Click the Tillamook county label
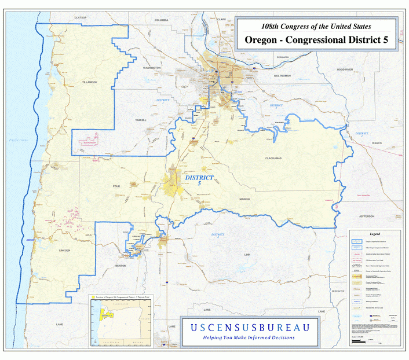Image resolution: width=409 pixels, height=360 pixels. pyautogui.click(x=90, y=83)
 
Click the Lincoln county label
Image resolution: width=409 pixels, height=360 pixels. pyautogui.click(x=64, y=250)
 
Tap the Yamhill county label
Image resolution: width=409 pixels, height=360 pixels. pyautogui.click(x=141, y=120)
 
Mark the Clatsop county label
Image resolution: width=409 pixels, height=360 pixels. pyautogui.click(x=81, y=18)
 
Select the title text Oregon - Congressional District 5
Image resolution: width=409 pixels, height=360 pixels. pyautogui.click(x=316, y=40)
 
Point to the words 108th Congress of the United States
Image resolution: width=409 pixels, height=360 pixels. pyautogui.click(x=316, y=26)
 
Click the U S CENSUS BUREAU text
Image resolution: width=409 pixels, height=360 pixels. pyautogui.click(x=250, y=327)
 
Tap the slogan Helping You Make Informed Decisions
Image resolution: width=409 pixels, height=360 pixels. pyautogui.click(x=249, y=337)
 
